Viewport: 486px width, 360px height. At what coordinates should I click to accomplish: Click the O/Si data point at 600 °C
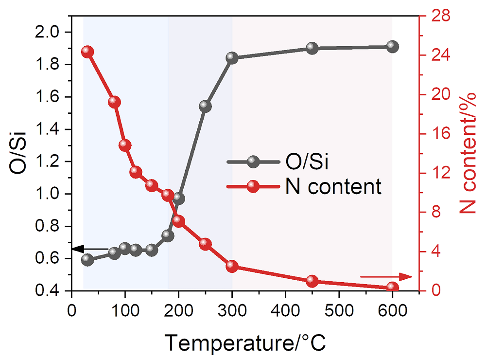[x=393, y=47]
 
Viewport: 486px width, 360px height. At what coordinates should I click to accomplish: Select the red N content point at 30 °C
[x=87, y=52]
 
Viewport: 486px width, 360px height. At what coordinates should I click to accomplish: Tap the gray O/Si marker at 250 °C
[x=205, y=107]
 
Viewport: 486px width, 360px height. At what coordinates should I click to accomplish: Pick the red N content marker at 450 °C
[x=312, y=281]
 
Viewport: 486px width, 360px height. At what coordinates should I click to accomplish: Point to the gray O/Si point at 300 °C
[x=232, y=58]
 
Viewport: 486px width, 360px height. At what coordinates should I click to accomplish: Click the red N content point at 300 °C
[x=232, y=266]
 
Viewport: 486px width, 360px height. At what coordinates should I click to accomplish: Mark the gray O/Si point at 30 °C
[x=87, y=259]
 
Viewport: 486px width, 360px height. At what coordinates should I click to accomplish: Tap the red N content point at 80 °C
[x=115, y=102]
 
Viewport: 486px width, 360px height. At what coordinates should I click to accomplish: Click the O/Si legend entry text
[x=306, y=162]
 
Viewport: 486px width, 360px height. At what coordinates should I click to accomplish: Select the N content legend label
[x=333, y=186]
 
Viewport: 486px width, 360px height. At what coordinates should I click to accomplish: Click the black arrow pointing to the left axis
[x=90, y=249]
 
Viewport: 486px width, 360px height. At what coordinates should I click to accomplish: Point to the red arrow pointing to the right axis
[x=386, y=277]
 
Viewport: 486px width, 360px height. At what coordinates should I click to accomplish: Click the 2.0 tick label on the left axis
[x=47, y=33]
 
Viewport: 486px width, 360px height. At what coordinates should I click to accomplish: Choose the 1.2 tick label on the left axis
[x=47, y=162]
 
